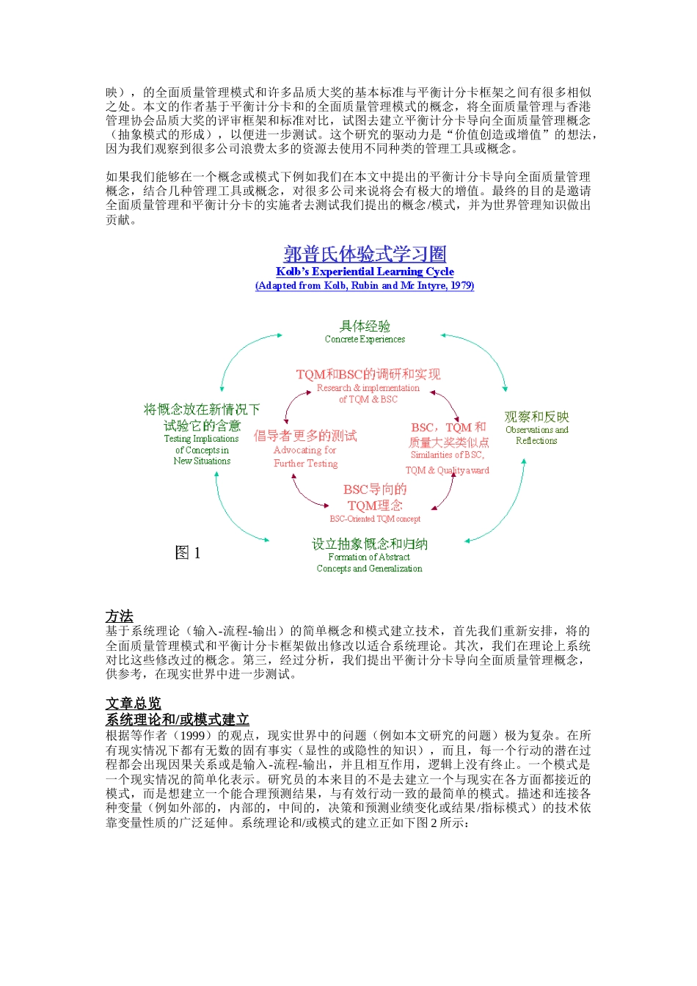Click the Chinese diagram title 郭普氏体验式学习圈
click(x=365, y=254)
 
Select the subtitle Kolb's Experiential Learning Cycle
click(x=365, y=271)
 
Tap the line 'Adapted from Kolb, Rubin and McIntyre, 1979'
click(x=365, y=285)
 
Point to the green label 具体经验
click(x=365, y=326)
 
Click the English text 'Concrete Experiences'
click(x=365, y=339)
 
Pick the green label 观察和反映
click(x=536, y=417)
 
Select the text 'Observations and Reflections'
click(x=536, y=435)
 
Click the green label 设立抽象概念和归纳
click(x=369, y=544)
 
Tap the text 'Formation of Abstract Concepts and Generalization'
click(x=369, y=563)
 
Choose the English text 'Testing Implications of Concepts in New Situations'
click(x=202, y=450)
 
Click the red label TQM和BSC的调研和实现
click(x=368, y=374)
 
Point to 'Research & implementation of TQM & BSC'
click(x=368, y=393)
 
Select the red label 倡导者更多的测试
click(x=305, y=436)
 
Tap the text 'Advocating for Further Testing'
click(x=305, y=456)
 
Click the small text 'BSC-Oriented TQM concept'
click(x=375, y=519)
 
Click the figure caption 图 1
click(x=187, y=552)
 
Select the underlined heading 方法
click(x=120, y=616)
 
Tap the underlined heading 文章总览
click(x=133, y=704)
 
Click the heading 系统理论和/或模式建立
click(x=178, y=720)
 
